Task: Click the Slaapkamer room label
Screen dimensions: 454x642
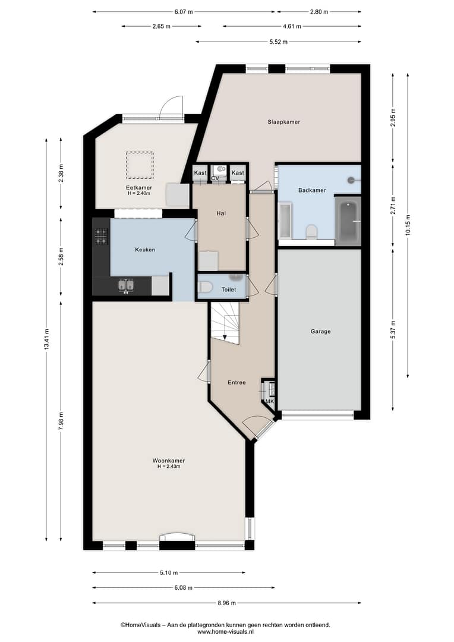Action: (283, 122)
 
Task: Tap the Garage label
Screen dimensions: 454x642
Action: (320, 331)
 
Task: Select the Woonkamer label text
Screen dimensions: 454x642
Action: (169, 460)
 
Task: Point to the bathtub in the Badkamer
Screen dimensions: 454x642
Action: (348, 221)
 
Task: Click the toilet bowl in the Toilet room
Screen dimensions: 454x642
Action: (204, 287)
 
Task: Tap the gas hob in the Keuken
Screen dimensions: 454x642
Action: (102, 237)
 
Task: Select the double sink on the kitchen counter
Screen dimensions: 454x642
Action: (126, 285)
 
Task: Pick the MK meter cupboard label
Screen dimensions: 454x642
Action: (270, 401)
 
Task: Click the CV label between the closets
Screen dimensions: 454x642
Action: (215, 178)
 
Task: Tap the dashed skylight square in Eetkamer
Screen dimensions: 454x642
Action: (140, 165)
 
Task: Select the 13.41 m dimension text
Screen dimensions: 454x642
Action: (46, 339)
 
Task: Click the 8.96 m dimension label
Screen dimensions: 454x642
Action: (227, 603)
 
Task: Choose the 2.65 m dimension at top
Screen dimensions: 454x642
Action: (161, 26)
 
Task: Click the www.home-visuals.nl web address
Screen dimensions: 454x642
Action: (226, 632)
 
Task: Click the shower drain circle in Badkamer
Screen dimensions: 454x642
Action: (351, 180)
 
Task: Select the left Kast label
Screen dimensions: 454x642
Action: (200, 173)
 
